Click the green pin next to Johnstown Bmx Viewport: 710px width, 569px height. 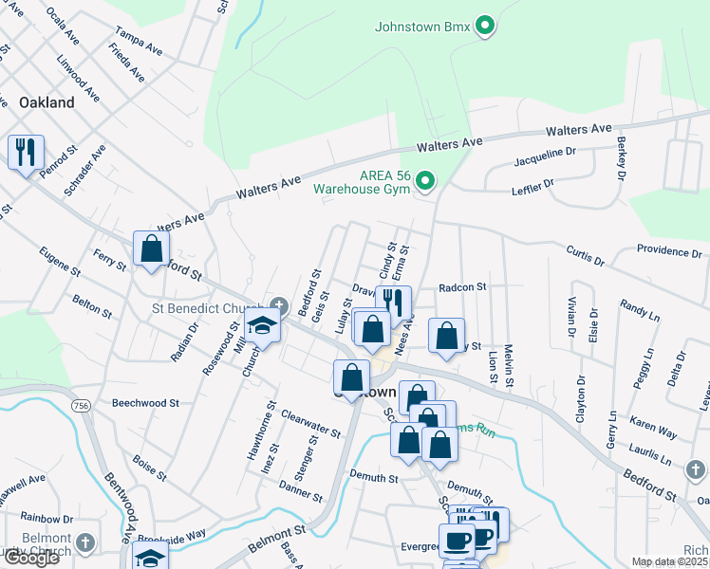click(485, 26)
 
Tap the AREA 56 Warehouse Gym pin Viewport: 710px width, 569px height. click(426, 179)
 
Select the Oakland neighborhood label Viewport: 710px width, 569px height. click(47, 102)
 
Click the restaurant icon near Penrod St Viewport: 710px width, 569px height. click(25, 152)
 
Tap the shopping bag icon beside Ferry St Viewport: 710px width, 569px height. click(151, 249)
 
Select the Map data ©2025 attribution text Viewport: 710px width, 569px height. click(670, 561)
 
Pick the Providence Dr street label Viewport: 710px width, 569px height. click(669, 253)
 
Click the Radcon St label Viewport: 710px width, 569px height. click(462, 287)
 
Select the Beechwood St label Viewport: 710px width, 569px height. click(145, 403)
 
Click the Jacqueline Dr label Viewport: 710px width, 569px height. click(545, 156)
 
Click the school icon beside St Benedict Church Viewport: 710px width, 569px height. click(262, 325)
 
